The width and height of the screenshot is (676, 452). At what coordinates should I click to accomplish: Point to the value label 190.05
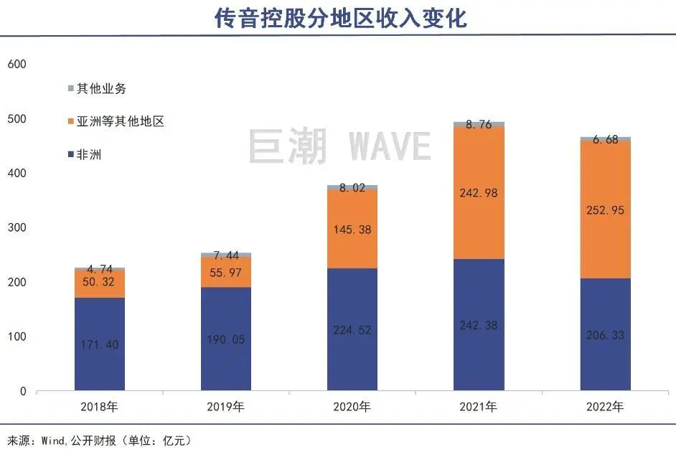click(226, 339)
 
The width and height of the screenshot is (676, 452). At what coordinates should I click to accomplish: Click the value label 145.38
click(352, 230)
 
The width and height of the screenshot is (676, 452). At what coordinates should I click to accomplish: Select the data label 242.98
click(479, 193)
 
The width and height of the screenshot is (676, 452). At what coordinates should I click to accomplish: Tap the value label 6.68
click(605, 139)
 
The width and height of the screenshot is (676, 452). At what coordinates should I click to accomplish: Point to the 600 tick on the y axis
click(17, 64)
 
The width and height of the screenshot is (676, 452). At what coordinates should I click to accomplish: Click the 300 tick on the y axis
click(17, 228)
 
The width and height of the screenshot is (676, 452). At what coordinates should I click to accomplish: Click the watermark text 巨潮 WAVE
click(339, 146)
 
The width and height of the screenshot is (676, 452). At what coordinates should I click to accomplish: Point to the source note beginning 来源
click(100, 439)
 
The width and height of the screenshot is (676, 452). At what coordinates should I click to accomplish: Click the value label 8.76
click(479, 124)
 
